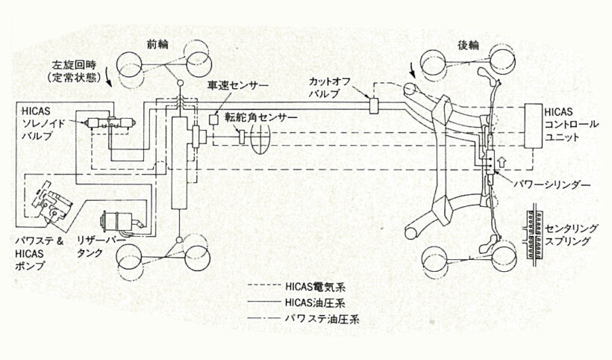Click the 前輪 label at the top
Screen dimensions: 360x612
click(159, 43)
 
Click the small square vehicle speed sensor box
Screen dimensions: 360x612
click(213, 118)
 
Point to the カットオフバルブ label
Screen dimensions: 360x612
click(328, 87)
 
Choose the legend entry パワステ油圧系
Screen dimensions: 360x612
click(316, 319)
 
